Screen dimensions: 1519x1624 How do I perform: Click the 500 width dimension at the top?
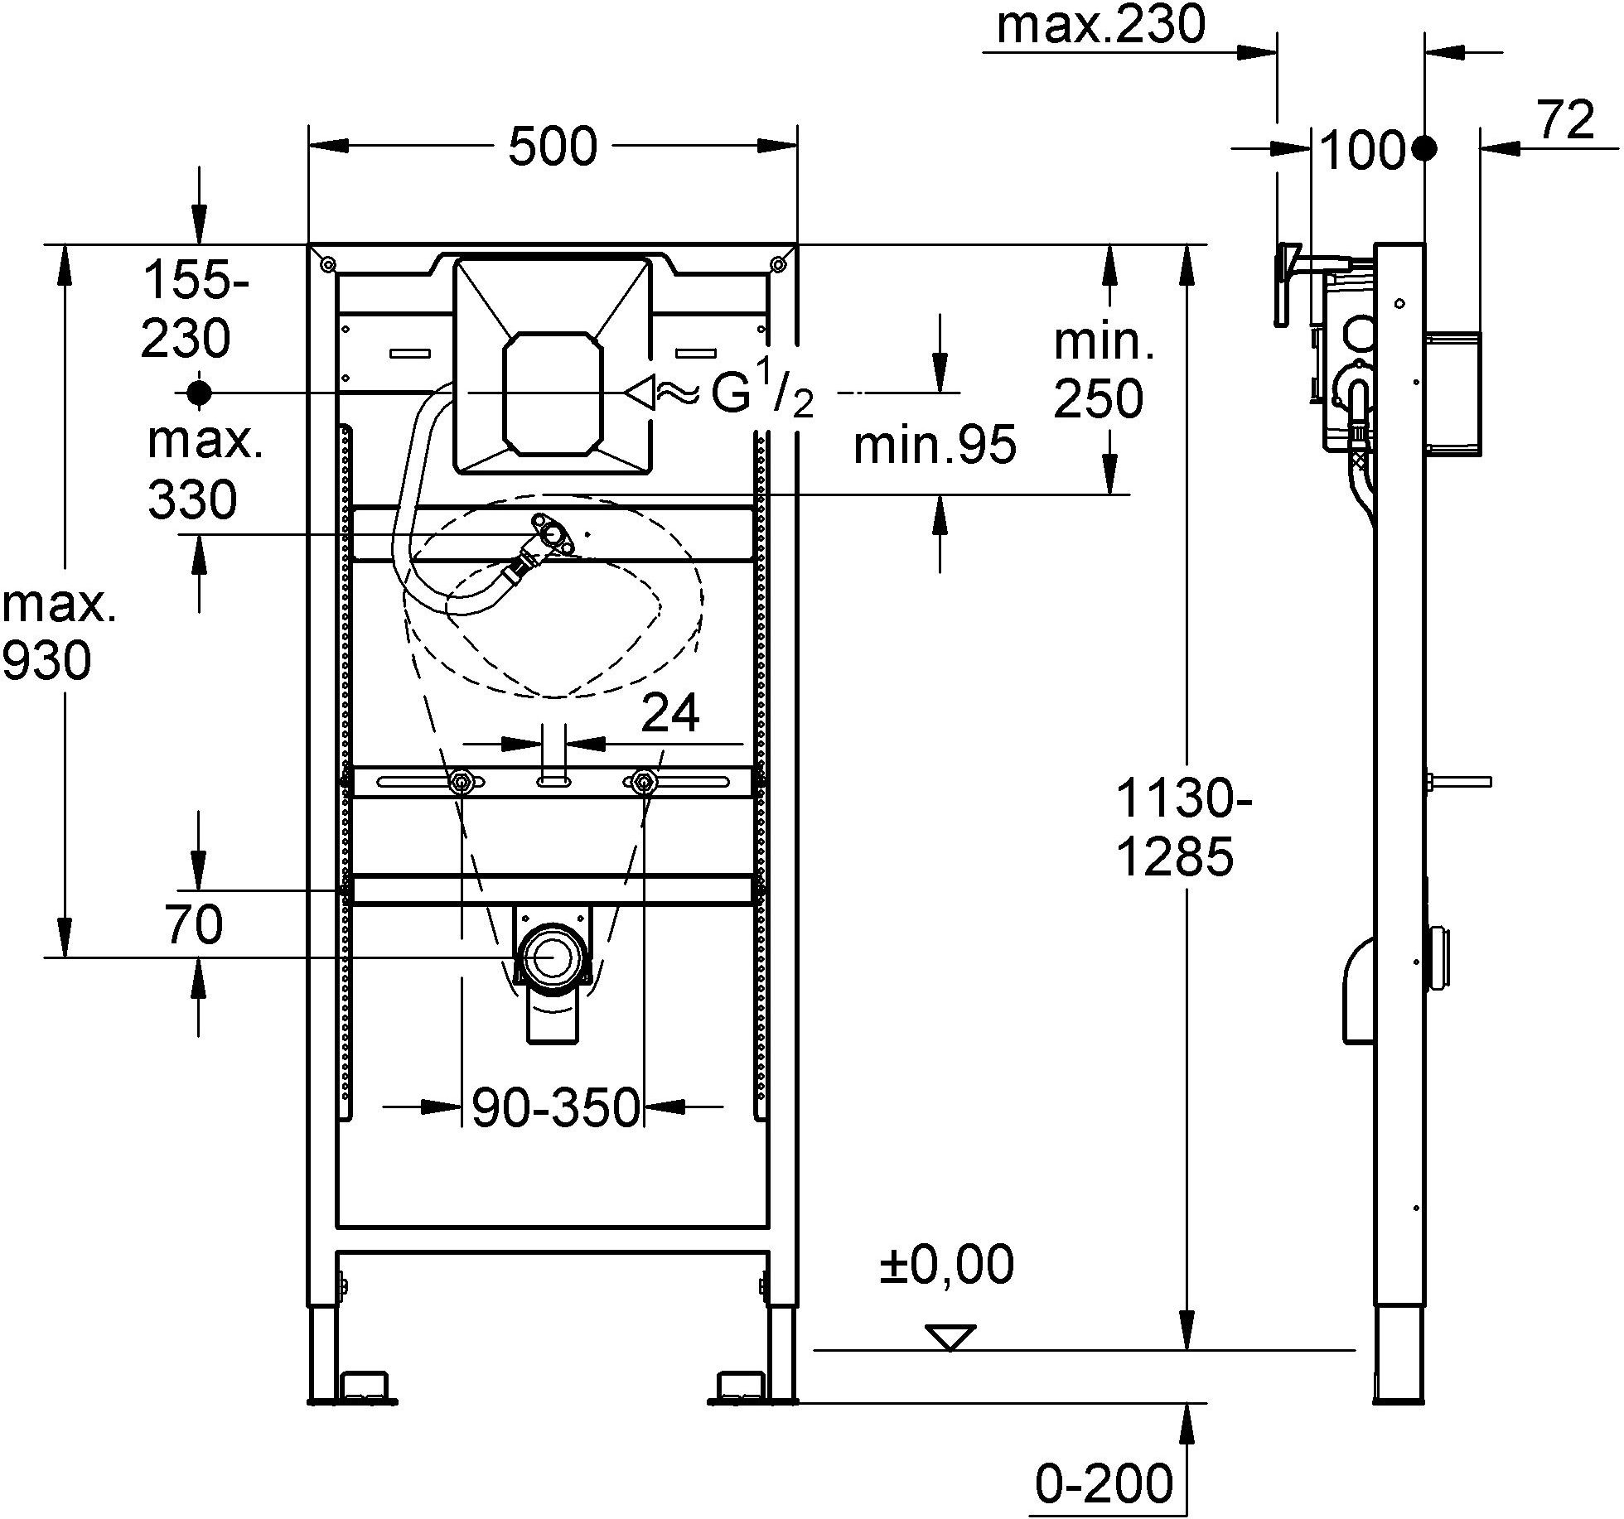click(552, 147)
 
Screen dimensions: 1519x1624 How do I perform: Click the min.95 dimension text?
click(934, 446)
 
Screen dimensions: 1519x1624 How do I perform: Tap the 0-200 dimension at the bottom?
click(1104, 1483)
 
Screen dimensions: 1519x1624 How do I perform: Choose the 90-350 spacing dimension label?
click(556, 1107)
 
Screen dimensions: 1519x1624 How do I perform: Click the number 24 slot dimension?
click(670, 713)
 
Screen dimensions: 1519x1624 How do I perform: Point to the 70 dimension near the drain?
click(194, 924)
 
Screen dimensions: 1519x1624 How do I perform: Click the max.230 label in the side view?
click(1100, 26)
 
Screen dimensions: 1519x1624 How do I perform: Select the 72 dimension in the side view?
click(1567, 122)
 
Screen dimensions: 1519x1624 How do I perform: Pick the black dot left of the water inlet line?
click(199, 393)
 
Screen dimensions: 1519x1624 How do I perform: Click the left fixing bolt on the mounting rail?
click(460, 781)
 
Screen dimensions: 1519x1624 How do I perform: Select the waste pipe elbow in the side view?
click(1357, 991)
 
